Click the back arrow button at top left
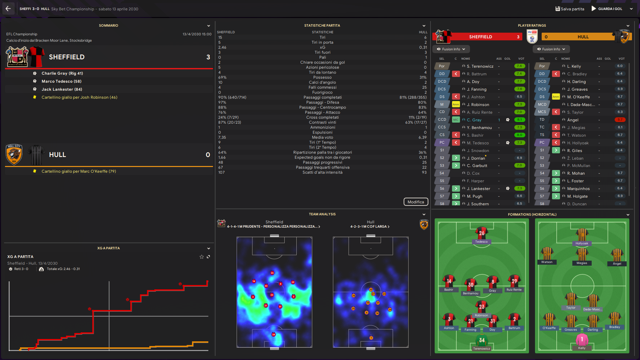point(8,9)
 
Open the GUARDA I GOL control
point(610,9)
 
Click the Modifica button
point(416,202)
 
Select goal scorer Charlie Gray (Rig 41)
point(62,73)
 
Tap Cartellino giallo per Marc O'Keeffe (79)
point(79,171)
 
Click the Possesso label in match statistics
point(322,77)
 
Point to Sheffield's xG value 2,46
point(222,47)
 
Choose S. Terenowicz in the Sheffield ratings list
point(480,66)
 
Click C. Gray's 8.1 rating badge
point(519,120)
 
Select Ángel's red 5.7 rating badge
point(620,120)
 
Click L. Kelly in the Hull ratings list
point(574,66)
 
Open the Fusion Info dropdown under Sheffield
point(451,49)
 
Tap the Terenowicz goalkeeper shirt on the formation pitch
point(482,341)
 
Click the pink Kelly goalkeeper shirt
point(582,340)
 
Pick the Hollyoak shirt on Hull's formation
point(582,235)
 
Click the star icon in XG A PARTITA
point(201,257)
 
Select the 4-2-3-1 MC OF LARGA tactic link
point(370,227)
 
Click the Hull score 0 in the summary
point(208,155)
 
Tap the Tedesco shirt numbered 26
point(482,233)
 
